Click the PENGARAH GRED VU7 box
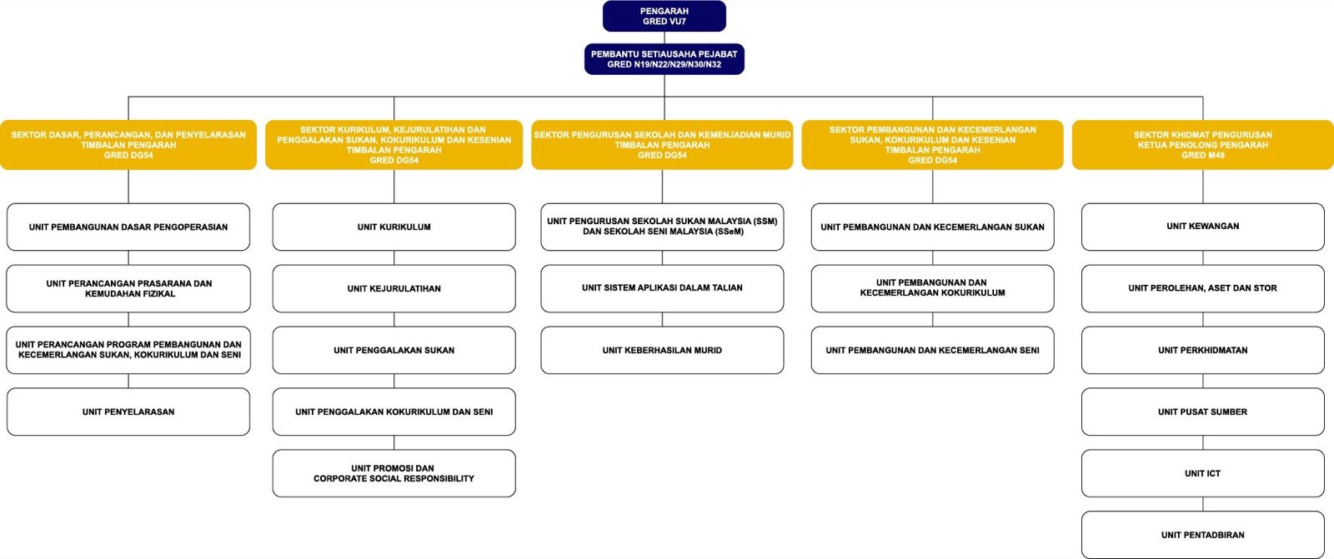tap(664, 16)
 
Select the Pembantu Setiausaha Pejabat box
tap(664, 59)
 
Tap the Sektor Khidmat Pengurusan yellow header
tap(1202, 145)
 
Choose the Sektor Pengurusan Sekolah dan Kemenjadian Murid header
tap(662, 145)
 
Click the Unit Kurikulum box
tap(394, 227)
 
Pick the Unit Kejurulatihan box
tap(394, 289)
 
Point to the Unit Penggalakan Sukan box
tap(394, 350)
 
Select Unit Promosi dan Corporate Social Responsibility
tap(394, 473)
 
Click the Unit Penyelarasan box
tap(128, 412)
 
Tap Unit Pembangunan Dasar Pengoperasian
tap(128, 227)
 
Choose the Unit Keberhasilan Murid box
tap(662, 350)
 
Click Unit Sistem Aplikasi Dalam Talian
tap(662, 289)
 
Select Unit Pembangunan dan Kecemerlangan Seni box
tap(933, 350)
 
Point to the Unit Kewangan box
tap(1203, 227)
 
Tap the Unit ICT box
tap(1203, 473)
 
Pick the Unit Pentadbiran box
tap(1203, 535)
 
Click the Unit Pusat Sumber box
tap(1203, 412)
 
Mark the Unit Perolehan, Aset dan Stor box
tap(1203, 289)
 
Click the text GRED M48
tap(1203, 156)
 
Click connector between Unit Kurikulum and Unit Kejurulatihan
tap(394, 257)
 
